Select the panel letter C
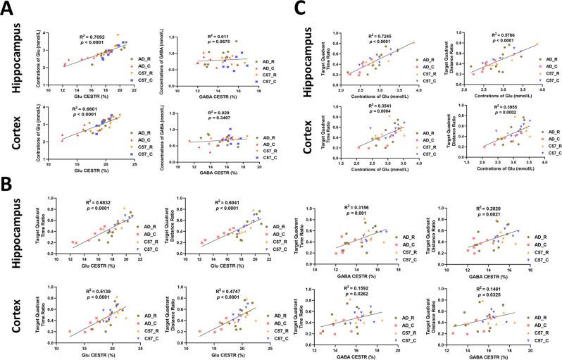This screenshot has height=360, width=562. click(x=299, y=10)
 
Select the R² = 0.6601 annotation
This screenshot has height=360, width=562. click(x=92, y=108)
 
